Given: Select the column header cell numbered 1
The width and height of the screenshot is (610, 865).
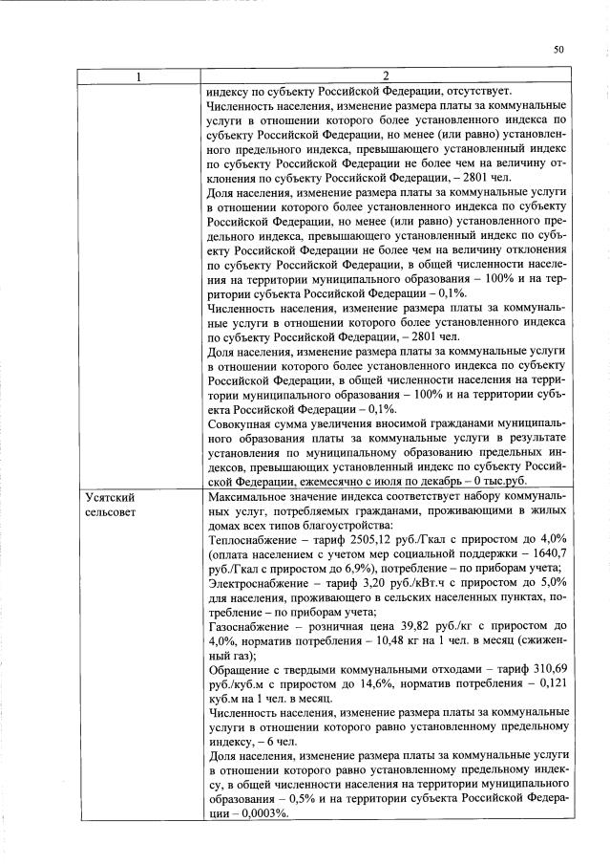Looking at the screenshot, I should point(137,76).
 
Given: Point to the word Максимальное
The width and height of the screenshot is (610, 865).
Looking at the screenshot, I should point(250,498).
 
